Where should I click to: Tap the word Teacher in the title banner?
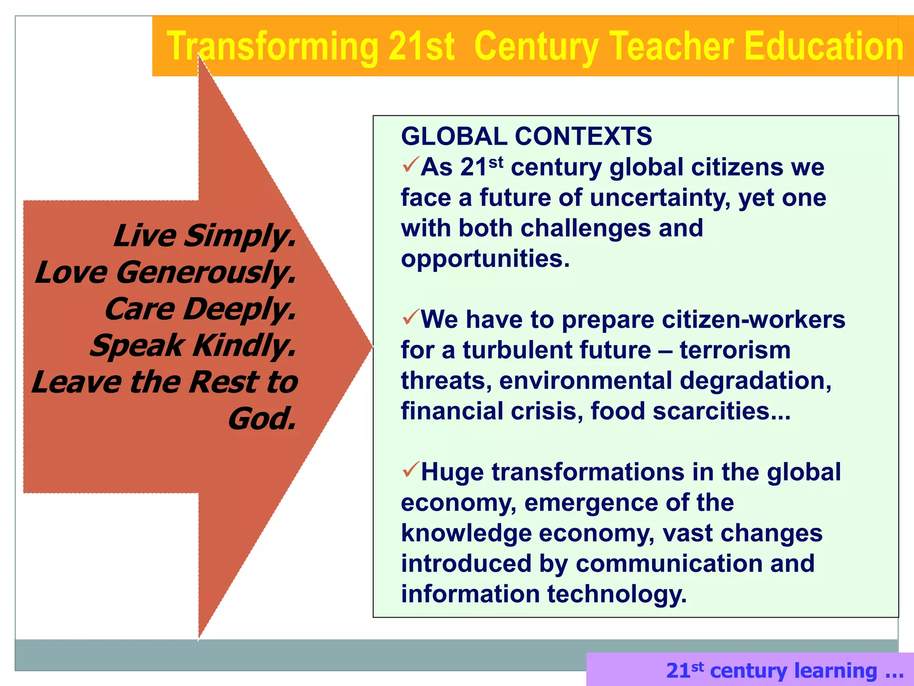coord(672,46)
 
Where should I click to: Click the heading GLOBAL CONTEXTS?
coord(526,136)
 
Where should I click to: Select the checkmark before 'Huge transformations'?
coord(410,469)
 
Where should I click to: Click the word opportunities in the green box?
coord(485,259)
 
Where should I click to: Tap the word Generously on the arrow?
coord(206,272)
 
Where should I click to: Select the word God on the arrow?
coord(262,419)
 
